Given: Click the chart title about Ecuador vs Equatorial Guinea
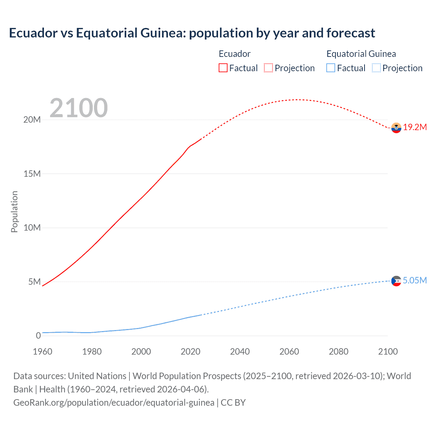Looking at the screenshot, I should (x=192, y=33).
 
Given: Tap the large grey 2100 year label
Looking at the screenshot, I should (x=79, y=108).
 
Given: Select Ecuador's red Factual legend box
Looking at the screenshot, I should (x=223, y=68).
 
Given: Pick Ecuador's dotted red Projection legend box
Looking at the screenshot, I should (x=268, y=68).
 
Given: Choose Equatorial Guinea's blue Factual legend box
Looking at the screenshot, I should (x=330, y=68).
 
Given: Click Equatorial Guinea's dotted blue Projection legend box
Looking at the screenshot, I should (x=376, y=68).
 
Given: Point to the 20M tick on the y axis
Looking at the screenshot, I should (x=32, y=120).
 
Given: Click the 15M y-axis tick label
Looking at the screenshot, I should (x=32, y=174).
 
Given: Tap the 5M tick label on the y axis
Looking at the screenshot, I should (x=34, y=282).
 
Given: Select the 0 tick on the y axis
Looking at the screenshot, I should (x=38, y=336).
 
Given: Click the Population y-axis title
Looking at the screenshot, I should (x=14, y=212).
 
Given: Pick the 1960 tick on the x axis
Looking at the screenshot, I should (x=43, y=352).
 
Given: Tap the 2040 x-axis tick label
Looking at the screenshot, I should (x=240, y=352).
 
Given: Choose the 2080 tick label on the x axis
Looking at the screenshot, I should (x=339, y=352).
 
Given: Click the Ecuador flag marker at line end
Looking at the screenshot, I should (x=396, y=128).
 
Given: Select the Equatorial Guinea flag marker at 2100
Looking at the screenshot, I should (x=396, y=281).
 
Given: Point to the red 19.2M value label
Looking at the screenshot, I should (x=415, y=127).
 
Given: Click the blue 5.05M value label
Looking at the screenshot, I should (x=415, y=280).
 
